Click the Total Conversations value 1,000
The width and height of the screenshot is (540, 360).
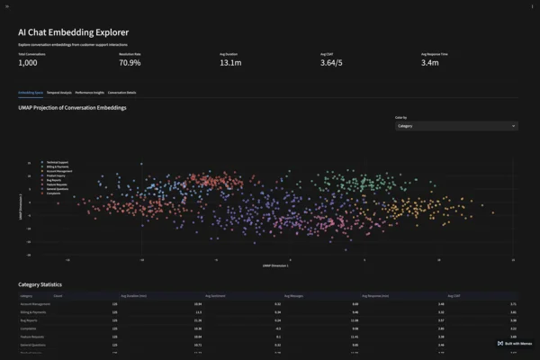click(28, 63)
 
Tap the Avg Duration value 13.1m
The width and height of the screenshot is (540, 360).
click(230, 63)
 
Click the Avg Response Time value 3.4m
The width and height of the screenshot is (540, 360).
click(430, 63)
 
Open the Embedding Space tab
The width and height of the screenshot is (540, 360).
click(31, 93)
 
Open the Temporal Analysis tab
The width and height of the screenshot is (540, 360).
click(58, 93)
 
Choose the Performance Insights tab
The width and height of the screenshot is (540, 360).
click(89, 93)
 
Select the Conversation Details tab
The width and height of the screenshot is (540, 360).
click(121, 93)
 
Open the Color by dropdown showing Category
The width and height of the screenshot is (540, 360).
click(456, 126)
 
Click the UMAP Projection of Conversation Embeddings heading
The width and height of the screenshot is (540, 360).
click(72, 107)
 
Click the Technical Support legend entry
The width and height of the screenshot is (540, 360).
click(58, 163)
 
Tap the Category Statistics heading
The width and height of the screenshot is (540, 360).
click(40, 284)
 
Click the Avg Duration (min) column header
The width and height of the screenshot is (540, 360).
click(133, 295)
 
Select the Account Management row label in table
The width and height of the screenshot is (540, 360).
click(35, 304)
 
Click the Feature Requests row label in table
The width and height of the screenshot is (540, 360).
click(33, 337)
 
